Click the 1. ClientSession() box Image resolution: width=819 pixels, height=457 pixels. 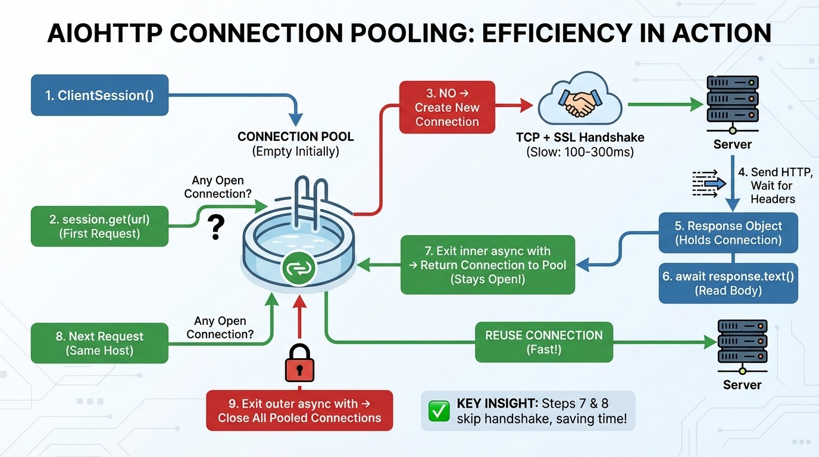(99, 95)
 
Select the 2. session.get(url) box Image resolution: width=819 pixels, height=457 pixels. (99, 226)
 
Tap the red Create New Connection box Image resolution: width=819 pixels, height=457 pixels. (447, 107)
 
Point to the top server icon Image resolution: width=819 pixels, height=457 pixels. (733, 102)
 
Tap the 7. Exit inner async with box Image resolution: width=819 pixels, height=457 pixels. (487, 265)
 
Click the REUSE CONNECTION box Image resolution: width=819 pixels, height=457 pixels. (543, 342)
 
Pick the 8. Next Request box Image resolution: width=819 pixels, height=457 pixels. (99, 343)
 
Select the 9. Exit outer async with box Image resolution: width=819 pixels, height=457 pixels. (299, 410)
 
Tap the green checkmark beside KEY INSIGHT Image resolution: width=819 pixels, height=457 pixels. (439, 411)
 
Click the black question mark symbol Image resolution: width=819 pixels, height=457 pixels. (217, 228)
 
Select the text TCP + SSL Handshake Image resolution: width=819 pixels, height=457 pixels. (580, 137)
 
